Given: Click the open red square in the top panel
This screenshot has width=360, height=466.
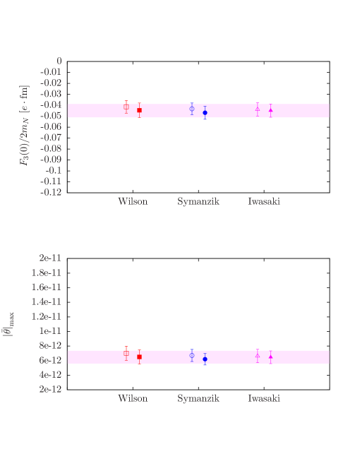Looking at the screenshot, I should pyautogui.click(x=126, y=107).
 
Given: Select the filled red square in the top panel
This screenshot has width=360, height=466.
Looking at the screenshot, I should pyautogui.click(x=139, y=110).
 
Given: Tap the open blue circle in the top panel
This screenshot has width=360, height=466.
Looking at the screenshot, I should pyautogui.click(x=192, y=108).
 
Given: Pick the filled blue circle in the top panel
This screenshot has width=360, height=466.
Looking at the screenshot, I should pyautogui.click(x=205, y=112).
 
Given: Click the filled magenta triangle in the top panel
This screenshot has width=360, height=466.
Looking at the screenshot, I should pyautogui.click(x=270, y=110).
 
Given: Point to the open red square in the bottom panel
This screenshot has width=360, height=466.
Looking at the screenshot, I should pyautogui.click(x=126, y=353).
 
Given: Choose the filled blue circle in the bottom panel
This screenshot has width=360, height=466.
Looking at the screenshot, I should pyautogui.click(x=205, y=359).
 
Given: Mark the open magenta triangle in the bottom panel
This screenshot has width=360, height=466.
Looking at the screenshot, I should pyautogui.click(x=258, y=355).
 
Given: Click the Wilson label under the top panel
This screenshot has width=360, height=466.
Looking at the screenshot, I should pyautogui.click(x=133, y=201).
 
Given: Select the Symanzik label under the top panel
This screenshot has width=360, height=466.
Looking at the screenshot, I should pyautogui.click(x=198, y=201).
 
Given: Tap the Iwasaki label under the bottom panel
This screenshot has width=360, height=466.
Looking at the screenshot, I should pyautogui.click(x=264, y=398).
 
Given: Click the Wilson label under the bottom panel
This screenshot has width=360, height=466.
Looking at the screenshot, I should pyautogui.click(x=133, y=398).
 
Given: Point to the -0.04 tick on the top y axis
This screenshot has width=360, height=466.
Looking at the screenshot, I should pyautogui.click(x=50, y=104).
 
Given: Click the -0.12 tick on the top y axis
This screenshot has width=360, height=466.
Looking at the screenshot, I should pyautogui.click(x=50, y=192).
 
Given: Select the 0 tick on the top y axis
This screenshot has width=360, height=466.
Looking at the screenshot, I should pyautogui.click(x=59, y=61).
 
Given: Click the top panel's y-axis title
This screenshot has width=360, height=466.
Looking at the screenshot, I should pyautogui.click(x=25, y=126).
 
